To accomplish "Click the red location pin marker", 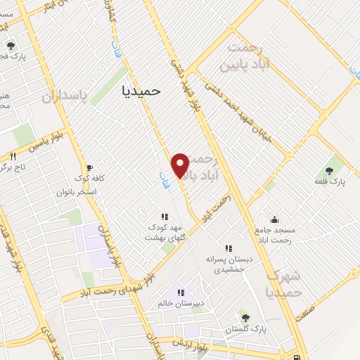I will [181, 165].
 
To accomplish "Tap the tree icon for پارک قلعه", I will [330, 170].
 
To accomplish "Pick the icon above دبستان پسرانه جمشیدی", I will [228, 247].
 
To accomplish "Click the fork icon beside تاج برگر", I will [12, 156].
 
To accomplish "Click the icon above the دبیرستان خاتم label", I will [180, 292].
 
